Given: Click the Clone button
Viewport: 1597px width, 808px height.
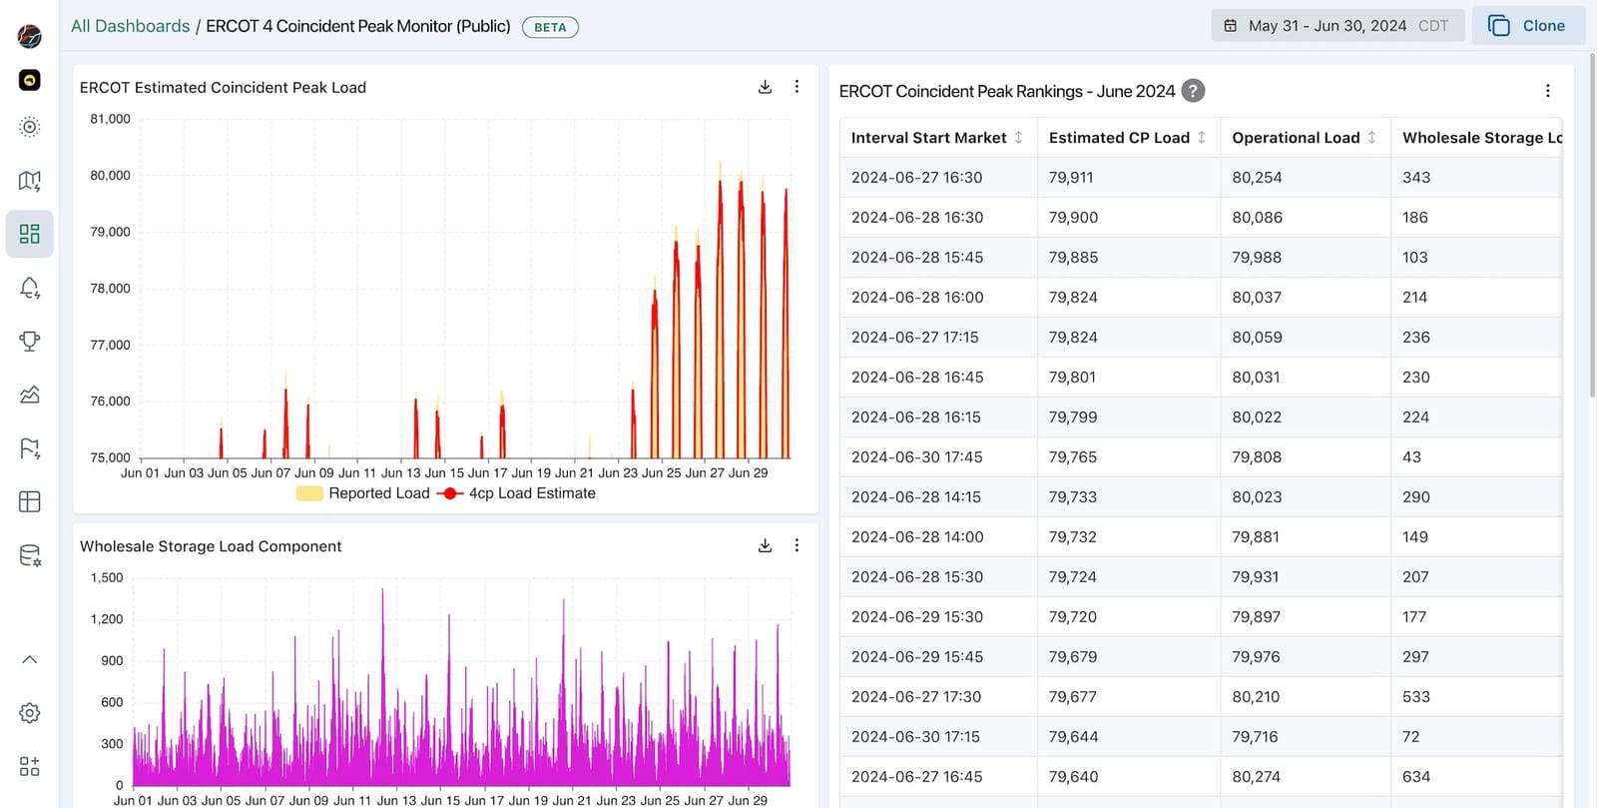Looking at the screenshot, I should coord(1527,26).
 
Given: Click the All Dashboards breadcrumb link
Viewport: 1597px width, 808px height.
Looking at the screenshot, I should coord(130,26).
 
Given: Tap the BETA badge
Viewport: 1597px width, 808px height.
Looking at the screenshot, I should coord(550,27).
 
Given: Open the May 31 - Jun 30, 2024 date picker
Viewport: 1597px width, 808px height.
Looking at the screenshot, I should coord(1336,26).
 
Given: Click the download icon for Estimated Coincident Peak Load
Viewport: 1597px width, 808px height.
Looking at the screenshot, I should coord(765,87).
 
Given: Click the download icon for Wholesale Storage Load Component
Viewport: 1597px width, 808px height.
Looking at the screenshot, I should coord(765,545).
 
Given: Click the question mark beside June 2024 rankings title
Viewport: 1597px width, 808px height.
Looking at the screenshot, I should coord(1193,91).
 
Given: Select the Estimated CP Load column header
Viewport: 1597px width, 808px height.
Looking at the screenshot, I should coord(1119,138).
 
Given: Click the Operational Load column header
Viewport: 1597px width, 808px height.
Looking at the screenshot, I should coord(1296,138).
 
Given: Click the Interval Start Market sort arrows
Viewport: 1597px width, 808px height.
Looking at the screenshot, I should coord(1018,138).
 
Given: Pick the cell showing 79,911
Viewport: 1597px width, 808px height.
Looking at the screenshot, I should coord(1071,178).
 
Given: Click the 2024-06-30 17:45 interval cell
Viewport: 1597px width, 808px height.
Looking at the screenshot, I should coord(916,457).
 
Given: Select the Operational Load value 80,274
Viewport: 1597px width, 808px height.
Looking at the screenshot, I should coord(1257,777).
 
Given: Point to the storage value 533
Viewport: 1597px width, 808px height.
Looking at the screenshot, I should coord(1415,697).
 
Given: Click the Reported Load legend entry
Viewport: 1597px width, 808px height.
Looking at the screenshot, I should coord(363,493).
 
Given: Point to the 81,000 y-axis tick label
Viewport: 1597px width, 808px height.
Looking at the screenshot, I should coord(110,119).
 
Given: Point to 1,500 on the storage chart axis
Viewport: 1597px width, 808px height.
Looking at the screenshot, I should coord(107,577).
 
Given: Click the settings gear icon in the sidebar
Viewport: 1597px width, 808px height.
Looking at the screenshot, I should coord(30,713).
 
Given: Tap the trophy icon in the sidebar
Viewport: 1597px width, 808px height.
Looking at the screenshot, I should coord(30,342).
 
